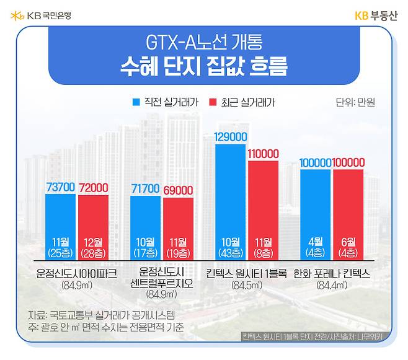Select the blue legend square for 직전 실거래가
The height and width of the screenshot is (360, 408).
pos(136,102)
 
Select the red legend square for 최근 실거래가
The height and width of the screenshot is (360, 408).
pos(213,102)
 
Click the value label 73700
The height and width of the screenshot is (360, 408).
pos(60,187)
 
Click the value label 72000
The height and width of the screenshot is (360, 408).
pos(94,187)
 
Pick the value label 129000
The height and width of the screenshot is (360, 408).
pos(231,137)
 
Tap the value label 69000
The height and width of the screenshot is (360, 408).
pos(179,190)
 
